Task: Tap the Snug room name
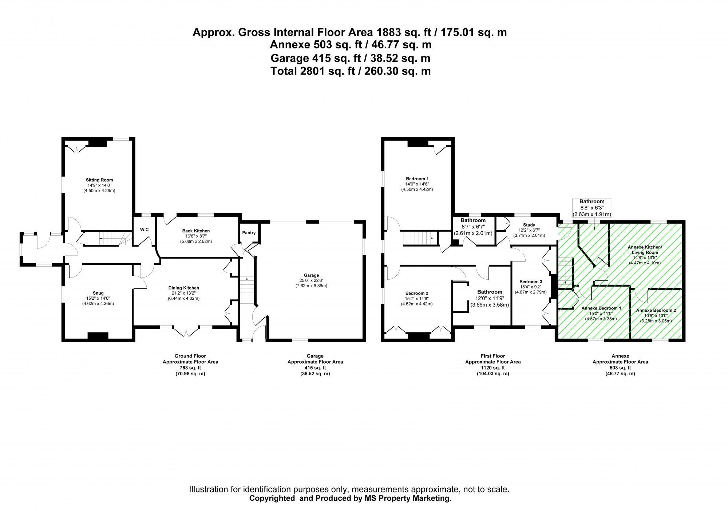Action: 98,293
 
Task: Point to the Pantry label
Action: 249,233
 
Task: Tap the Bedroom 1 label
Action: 417,179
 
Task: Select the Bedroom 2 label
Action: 416,293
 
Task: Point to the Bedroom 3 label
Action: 530,282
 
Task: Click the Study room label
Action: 529,225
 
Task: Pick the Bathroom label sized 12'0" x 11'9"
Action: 490,292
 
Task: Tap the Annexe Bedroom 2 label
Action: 656,310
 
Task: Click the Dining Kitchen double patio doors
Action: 186,332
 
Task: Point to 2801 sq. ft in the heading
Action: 318,71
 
